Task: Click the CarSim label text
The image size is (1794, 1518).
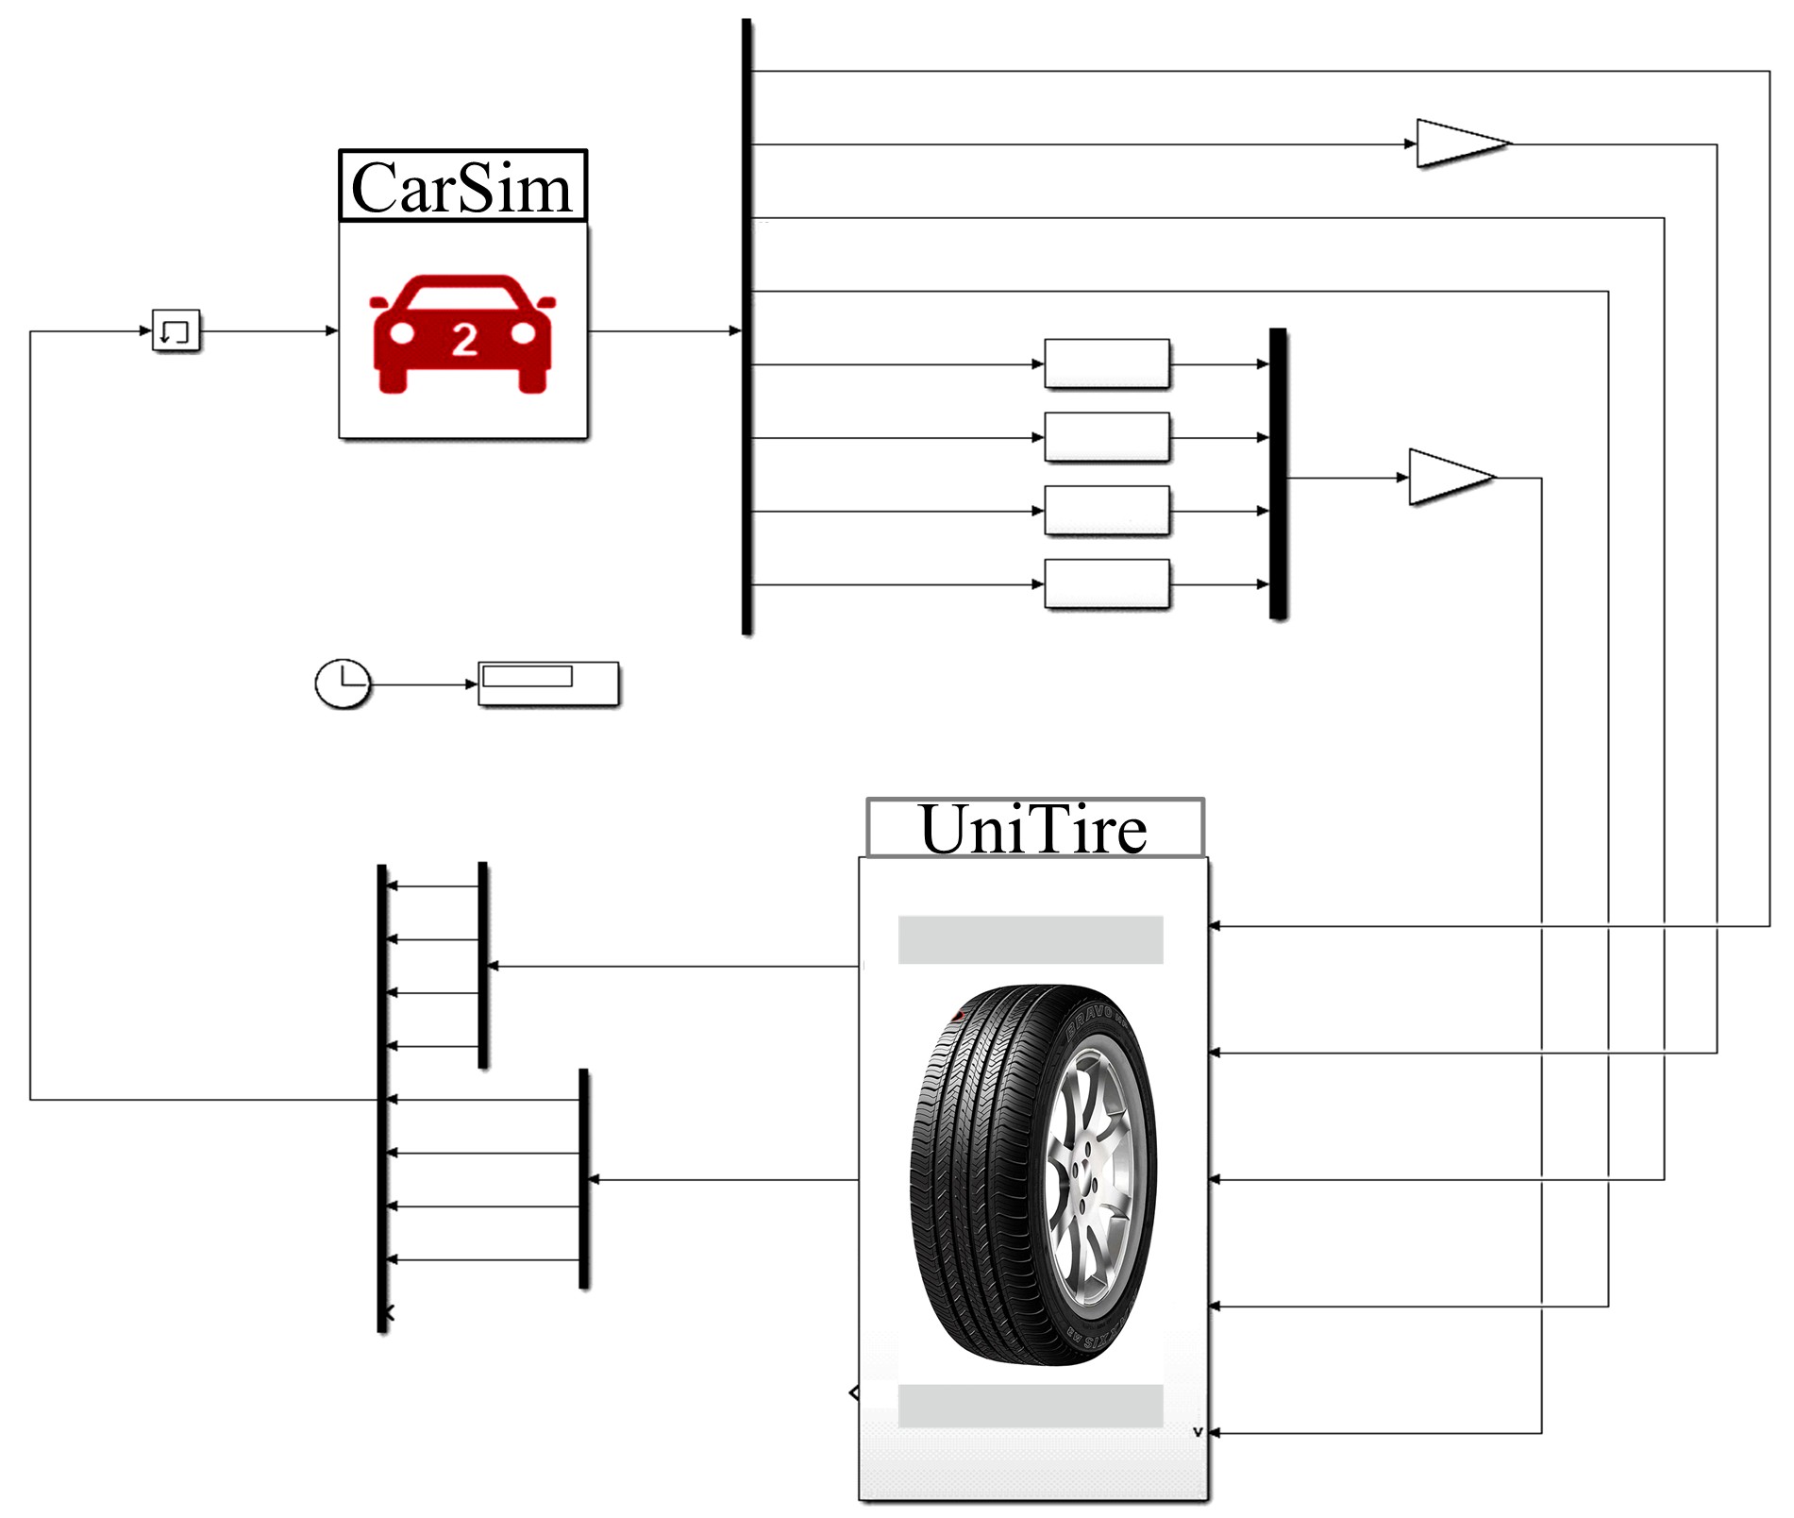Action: (x=461, y=188)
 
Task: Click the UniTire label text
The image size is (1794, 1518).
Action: (x=1033, y=830)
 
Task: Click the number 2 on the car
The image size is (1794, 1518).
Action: (x=464, y=340)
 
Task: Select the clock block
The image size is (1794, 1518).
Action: (x=342, y=684)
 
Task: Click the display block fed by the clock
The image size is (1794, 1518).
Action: (x=548, y=684)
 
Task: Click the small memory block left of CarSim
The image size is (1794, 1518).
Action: (x=176, y=331)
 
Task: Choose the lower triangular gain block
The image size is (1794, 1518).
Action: (x=1449, y=479)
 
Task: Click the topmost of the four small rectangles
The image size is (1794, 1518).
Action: (x=1107, y=364)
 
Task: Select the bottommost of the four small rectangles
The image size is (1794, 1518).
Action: (x=1107, y=585)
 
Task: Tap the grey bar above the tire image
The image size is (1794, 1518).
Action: (x=1031, y=940)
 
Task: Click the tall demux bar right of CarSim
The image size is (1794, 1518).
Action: (x=747, y=327)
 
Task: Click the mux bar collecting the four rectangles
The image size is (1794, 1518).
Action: (x=1278, y=474)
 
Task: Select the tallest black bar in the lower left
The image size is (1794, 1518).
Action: (x=382, y=1099)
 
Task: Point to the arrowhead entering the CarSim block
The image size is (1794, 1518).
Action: (x=331, y=331)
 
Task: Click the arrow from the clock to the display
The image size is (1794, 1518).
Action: (x=424, y=684)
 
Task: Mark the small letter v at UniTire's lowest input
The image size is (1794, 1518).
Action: (x=1198, y=1433)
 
